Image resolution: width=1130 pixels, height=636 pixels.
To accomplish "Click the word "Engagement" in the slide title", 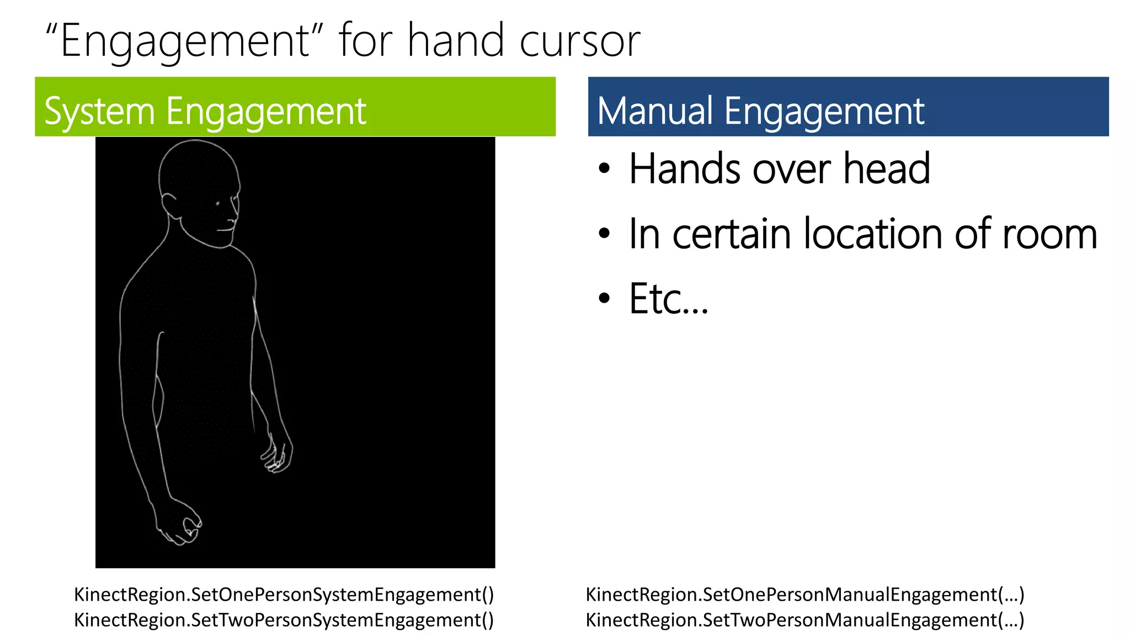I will point(185,42).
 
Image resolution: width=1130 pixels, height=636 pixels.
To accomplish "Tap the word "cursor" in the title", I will point(579,42).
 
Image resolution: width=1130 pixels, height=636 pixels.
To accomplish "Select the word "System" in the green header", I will point(99,112).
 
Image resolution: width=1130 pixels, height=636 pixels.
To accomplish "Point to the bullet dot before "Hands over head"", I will point(605,168).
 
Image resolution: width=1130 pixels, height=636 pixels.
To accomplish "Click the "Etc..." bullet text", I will point(668,299).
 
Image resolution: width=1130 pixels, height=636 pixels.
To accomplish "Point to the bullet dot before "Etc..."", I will point(605,299).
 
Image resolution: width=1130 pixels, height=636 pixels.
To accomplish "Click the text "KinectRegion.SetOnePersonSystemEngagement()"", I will point(284,595).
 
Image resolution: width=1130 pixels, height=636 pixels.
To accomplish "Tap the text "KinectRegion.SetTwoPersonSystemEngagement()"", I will point(284,620).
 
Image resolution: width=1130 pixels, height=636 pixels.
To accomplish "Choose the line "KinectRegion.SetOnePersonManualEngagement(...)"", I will point(804,595).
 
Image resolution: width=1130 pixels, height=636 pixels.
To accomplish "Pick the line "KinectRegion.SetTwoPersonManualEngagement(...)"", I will point(804,620).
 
